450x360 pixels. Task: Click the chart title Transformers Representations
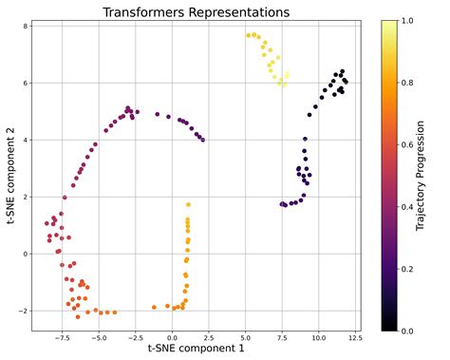pos(196,11)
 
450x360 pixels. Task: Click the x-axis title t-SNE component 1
pos(196,349)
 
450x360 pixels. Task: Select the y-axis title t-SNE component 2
pos(10,178)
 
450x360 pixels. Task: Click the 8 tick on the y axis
pos(25,27)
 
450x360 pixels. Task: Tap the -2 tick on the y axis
pos(23,312)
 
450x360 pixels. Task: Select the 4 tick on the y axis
pos(25,141)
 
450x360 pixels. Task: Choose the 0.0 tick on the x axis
pos(172,336)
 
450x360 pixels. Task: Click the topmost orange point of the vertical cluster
pos(189,204)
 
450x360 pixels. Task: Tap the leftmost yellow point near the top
pos(248,36)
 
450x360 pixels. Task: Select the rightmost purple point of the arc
pos(203,140)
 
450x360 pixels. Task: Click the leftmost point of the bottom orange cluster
pos(154,307)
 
